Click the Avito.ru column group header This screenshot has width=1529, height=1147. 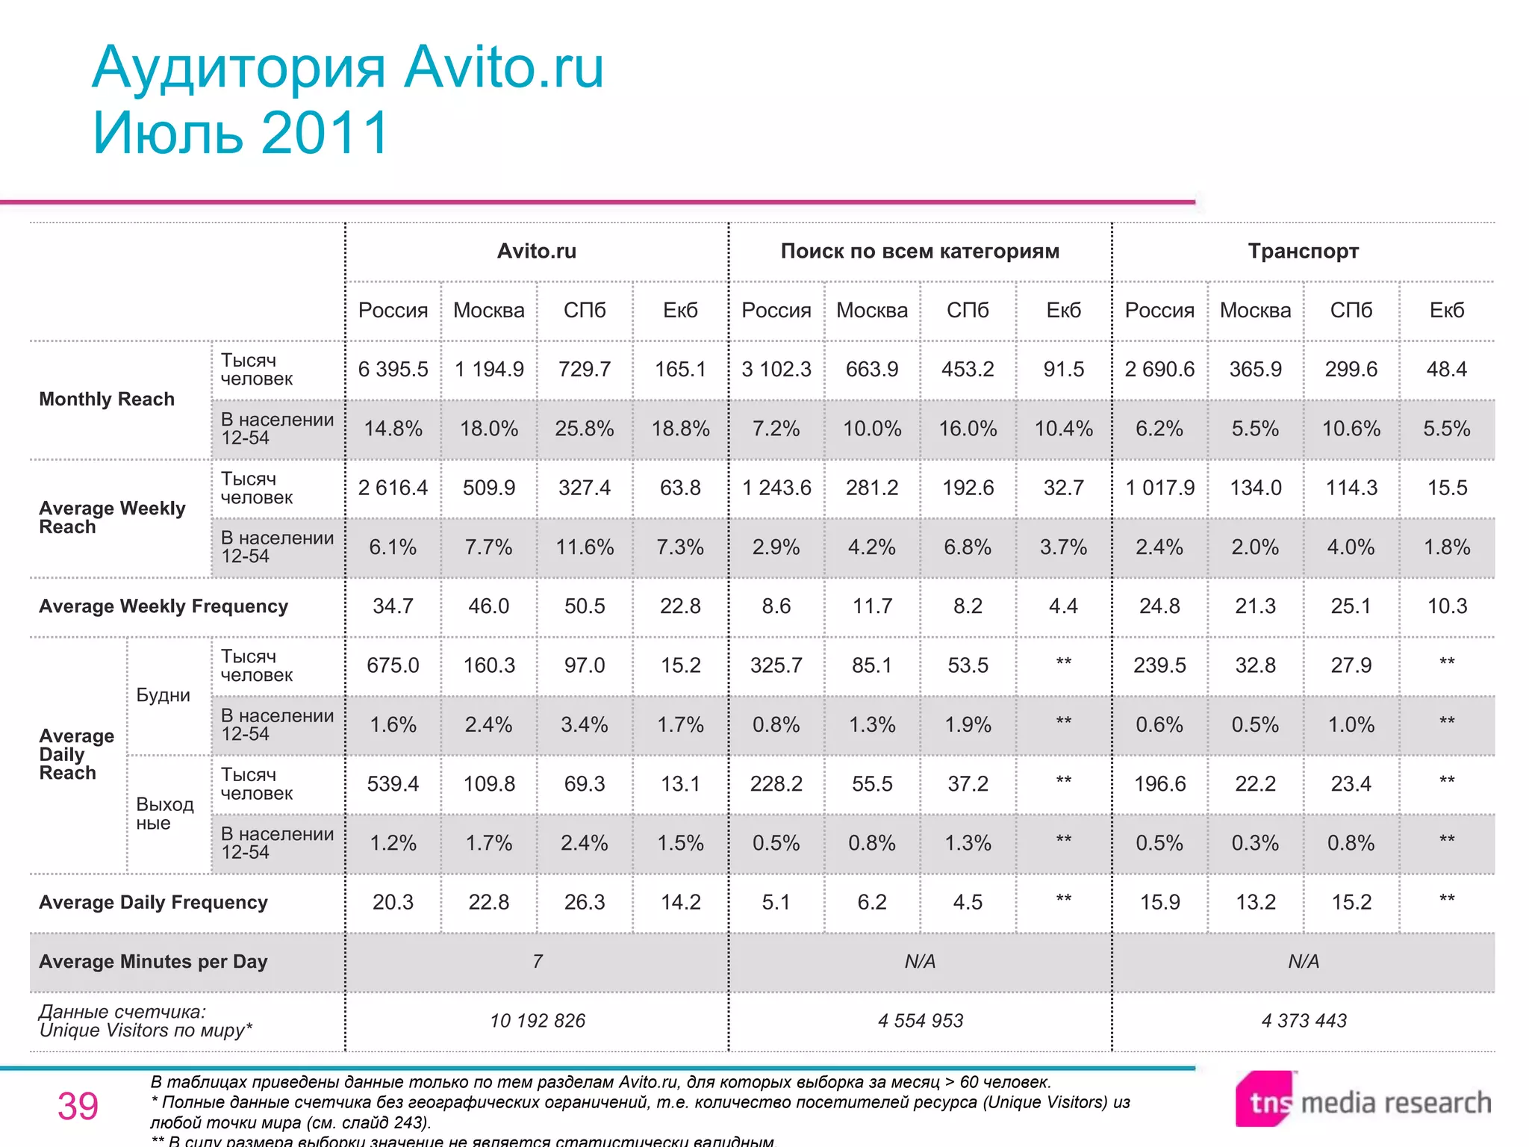(x=537, y=252)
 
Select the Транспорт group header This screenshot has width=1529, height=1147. (x=1303, y=252)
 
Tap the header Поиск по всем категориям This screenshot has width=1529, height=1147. (x=920, y=252)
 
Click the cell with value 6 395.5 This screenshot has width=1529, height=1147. (x=393, y=370)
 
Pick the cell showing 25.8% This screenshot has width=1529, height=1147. (x=585, y=429)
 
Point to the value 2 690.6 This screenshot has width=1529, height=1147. (x=1159, y=370)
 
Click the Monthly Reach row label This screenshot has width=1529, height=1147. (x=107, y=400)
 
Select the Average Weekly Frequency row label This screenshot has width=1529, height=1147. (x=164, y=606)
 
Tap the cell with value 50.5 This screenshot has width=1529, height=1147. (x=585, y=606)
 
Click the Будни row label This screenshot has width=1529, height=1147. (x=163, y=695)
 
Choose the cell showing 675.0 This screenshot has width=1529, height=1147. (x=393, y=665)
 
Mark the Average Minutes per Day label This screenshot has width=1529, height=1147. (x=153, y=962)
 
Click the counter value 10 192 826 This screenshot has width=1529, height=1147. (x=538, y=1021)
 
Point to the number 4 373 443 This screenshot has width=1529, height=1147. (x=1304, y=1021)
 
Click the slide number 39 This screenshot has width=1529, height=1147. (x=78, y=1106)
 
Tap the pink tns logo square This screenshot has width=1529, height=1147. (x=1265, y=1098)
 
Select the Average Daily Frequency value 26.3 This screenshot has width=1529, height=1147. (x=585, y=902)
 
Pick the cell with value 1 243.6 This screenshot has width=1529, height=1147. (x=776, y=488)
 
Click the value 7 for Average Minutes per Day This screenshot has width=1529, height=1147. (x=538, y=962)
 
